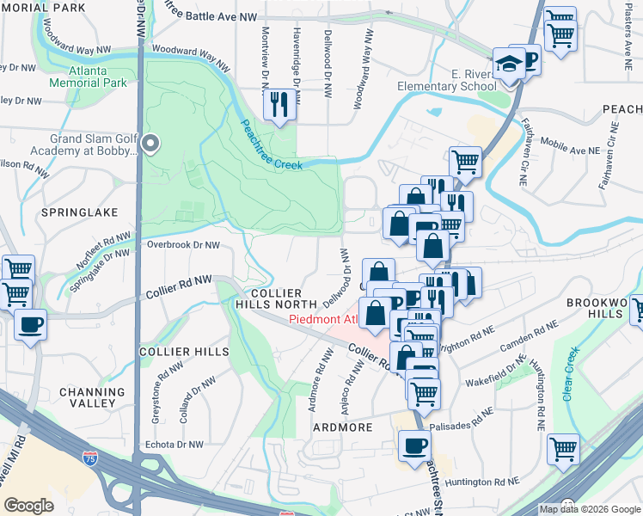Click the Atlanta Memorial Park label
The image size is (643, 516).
[x=89, y=77]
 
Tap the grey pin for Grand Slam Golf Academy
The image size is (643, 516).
[x=150, y=144]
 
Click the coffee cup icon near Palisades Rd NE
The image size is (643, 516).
[x=415, y=446]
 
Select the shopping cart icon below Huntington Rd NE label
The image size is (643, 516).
[x=562, y=448]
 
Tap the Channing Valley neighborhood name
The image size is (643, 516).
[x=88, y=397]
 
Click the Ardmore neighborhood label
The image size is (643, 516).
[x=342, y=427]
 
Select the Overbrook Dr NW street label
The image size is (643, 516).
[x=184, y=244]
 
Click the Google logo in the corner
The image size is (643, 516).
[x=28, y=505]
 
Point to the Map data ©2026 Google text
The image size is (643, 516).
[x=589, y=509]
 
